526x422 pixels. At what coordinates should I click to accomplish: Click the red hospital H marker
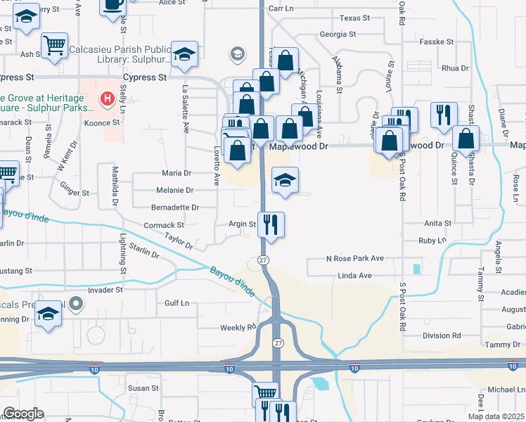pos(107,99)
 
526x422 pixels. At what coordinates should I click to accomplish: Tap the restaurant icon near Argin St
pos(271,225)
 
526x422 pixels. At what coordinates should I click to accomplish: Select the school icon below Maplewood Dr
pos(285,181)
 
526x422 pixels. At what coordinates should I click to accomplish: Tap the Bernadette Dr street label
pos(175,207)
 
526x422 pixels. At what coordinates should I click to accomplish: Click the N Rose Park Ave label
pos(354,259)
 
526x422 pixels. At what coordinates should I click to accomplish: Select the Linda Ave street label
pos(354,275)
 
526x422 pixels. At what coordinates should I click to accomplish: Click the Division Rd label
pos(442,335)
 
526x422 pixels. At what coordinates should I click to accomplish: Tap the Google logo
pos(23,414)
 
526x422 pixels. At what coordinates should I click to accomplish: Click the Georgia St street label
pos(337,34)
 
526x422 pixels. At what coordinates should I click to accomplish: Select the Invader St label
pos(105,290)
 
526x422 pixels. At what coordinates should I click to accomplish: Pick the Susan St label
pos(144,388)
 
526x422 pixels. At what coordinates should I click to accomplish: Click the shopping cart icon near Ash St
pos(53,46)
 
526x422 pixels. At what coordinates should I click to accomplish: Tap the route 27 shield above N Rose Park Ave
pos(262,260)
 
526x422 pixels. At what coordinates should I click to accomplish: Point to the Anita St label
pos(437,224)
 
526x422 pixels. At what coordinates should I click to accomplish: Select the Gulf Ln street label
pos(177,303)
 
